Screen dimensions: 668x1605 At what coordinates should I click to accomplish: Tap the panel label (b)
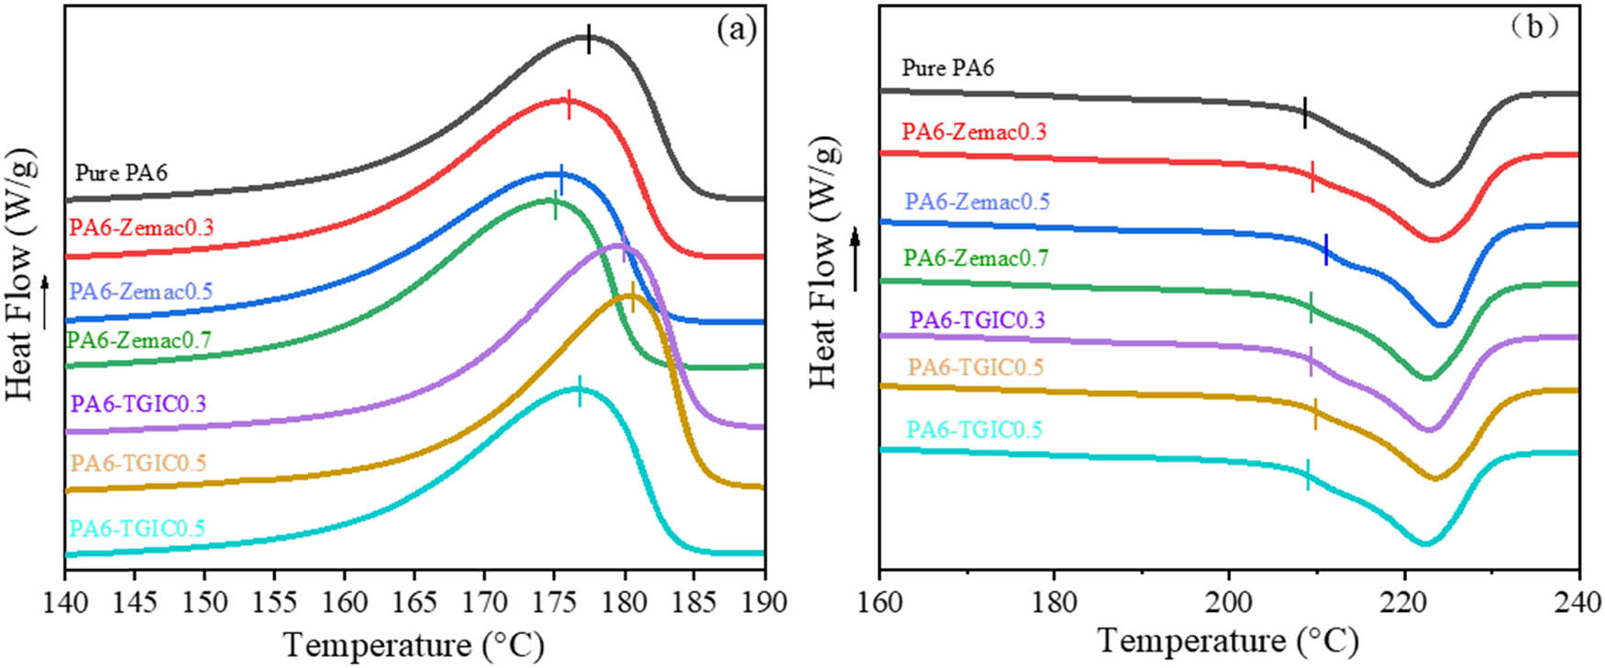click(x=1533, y=27)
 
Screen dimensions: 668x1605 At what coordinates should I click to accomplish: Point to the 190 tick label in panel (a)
click(x=764, y=602)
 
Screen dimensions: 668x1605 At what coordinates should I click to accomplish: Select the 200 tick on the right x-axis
click(x=1229, y=602)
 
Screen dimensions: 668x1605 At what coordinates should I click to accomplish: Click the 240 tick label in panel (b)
click(x=1578, y=602)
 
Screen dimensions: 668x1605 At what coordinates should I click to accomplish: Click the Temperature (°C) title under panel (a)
click(x=414, y=645)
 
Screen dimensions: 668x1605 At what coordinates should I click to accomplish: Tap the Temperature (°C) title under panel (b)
click(x=1228, y=641)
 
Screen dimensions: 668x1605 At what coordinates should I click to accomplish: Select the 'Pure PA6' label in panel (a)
click(x=121, y=172)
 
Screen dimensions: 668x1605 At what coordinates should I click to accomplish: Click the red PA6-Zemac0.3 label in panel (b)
click(x=974, y=131)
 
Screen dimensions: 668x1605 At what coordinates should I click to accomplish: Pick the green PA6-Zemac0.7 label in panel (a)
click(x=139, y=340)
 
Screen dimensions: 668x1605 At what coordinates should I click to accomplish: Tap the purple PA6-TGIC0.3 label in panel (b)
click(x=977, y=320)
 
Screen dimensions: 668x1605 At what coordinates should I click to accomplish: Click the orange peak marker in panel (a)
click(x=632, y=297)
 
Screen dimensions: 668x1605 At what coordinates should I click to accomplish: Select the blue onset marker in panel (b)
click(x=1325, y=249)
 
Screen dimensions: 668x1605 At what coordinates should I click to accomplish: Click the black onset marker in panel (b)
click(x=1304, y=114)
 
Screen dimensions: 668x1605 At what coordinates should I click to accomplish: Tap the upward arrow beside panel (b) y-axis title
click(x=856, y=259)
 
